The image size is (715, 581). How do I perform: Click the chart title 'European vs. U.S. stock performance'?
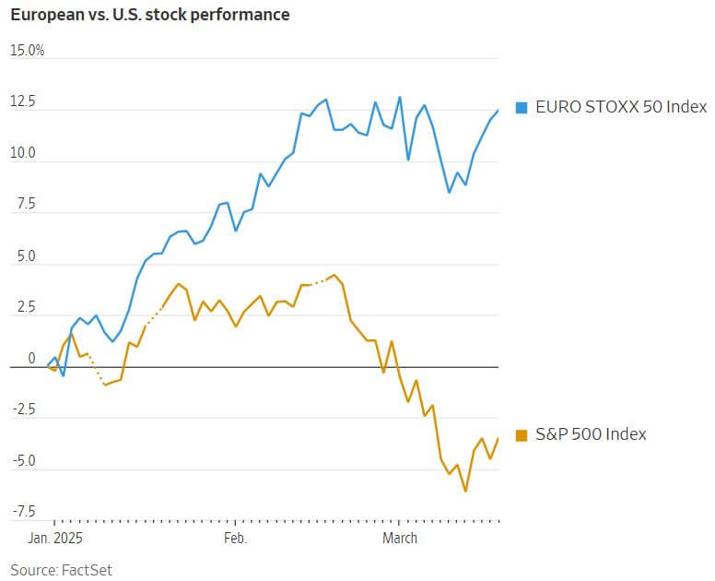(x=149, y=16)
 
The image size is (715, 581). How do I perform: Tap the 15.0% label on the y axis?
(x=28, y=50)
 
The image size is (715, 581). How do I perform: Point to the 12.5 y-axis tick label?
(x=22, y=101)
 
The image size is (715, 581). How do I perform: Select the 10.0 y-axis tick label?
(x=22, y=153)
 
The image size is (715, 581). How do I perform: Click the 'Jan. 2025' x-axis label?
(x=54, y=538)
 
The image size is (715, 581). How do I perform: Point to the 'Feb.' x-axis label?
(x=236, y=538)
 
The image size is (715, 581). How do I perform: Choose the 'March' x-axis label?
(x=400, y=538)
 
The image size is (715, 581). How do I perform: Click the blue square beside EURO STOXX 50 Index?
(x=522, y=107)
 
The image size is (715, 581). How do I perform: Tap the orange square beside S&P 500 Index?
(x=522, y=434)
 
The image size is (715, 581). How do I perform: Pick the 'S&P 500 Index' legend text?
(x=591, y=434)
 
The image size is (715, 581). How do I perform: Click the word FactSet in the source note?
(x=86, y=570)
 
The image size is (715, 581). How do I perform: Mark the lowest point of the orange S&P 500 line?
(x=465, y=491)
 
